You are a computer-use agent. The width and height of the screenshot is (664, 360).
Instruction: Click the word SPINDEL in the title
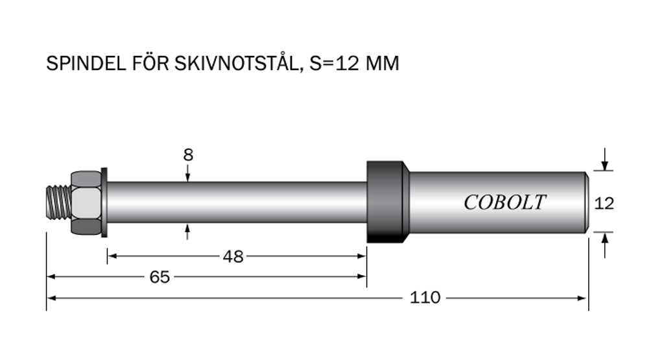click(x=86, y=64)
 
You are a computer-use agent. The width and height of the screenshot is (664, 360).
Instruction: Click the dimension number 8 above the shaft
click(x=188, y=155)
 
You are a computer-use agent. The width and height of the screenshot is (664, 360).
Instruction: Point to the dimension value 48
click(x=233, y=257)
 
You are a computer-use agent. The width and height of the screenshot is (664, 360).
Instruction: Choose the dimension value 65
click(x=160, y=277)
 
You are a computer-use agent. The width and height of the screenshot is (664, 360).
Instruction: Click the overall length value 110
click(x=425, y=298)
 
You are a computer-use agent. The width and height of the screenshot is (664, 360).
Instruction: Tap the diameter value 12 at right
click(x=604, y=204)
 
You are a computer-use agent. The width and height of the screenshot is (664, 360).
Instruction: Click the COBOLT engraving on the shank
click(x=504, y=202)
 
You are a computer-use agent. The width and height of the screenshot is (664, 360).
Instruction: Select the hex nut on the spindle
click(x=86, y=202)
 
